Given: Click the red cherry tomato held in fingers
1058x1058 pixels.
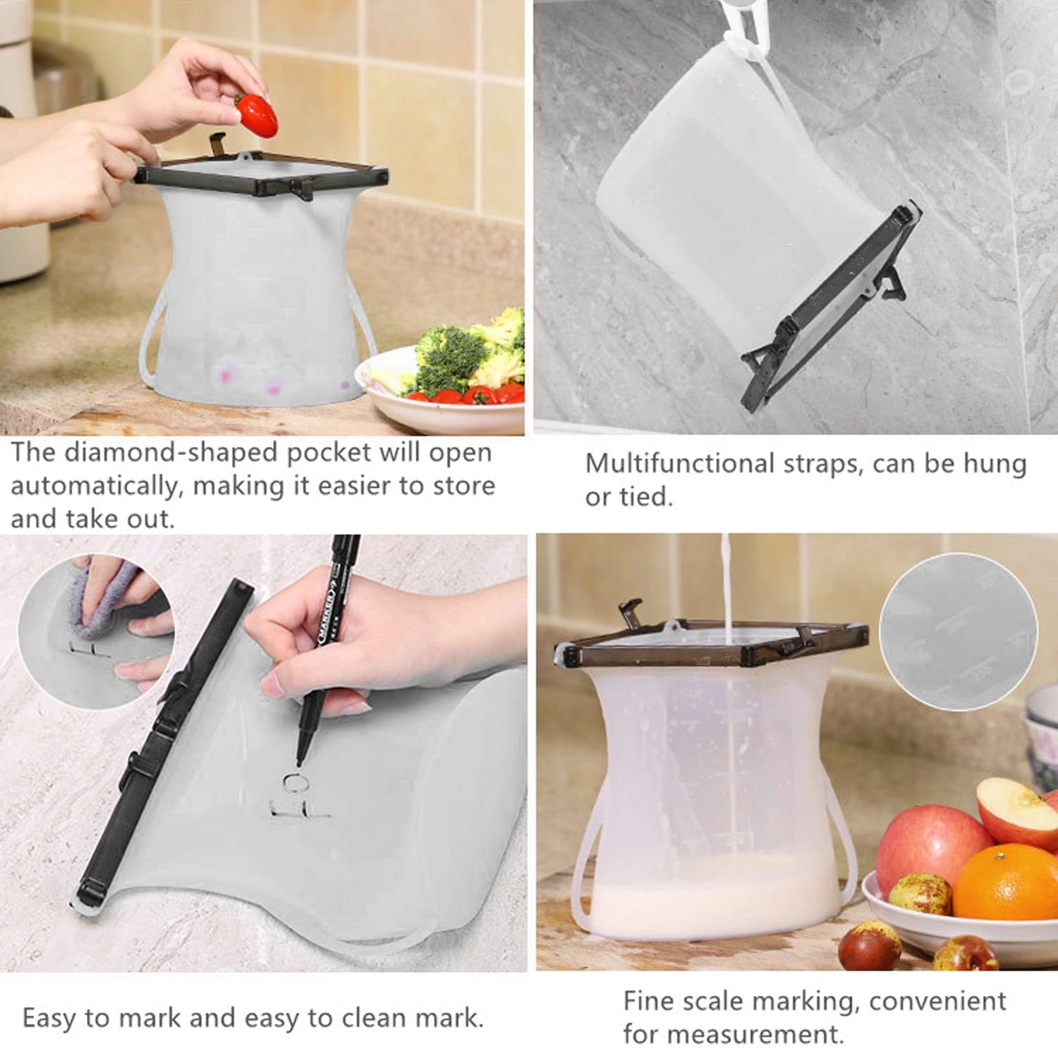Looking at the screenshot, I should pos(256,116).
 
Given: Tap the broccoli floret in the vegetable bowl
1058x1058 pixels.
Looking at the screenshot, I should pos(451,356).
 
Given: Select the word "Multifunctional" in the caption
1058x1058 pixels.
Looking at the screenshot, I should pos(680,463).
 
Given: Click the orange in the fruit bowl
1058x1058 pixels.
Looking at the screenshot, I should pos(1006,883).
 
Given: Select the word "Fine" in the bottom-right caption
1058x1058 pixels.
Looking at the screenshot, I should pos(646,1001).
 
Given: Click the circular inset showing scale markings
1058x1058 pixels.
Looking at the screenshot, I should pos(958,631).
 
